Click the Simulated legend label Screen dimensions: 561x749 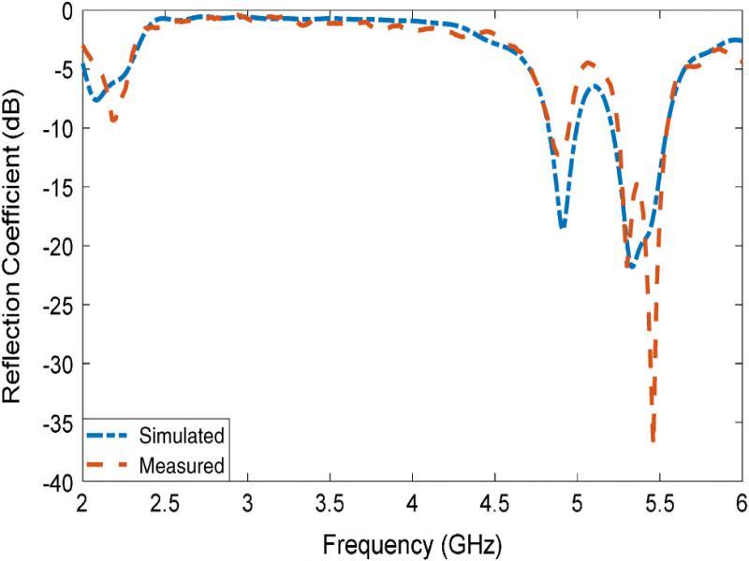click(x=181, y=436)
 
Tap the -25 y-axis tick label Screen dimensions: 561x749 click(x=60, y=305)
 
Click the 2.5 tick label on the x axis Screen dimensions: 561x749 click(x=165, y=503)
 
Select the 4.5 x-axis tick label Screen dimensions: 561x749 click(x=494, y=503)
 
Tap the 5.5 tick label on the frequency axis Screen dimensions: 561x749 click(x=659, y=503)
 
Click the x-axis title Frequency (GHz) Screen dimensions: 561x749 click(x=412, y=541)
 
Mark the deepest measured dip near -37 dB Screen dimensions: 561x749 click(x=653, y=439)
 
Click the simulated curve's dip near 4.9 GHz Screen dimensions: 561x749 click(x=562, y=227)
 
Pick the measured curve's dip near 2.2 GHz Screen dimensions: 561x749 click(x=113, y=121)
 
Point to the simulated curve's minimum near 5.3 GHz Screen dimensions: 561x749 click(x=633, y=267)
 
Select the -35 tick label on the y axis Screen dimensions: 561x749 click(x=60, y=423)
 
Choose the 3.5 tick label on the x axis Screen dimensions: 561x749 click(x=330, y=503)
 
